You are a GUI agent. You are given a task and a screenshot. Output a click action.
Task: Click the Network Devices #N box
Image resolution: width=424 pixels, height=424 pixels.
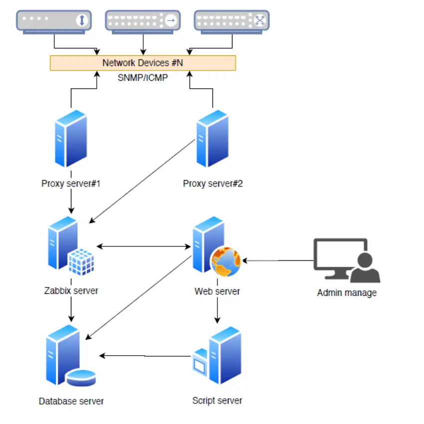pyautogui.click(x=143, y=63)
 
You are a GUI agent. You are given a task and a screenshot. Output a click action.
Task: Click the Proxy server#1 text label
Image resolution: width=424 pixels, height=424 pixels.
pyautogui.click(x=71, y=184)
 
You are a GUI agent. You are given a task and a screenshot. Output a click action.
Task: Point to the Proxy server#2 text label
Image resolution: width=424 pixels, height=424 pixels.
pyautogui.click(x=213, y=184)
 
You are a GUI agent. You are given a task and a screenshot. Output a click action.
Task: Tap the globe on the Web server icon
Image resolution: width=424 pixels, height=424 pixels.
pyautogui.click(x=225, y=261)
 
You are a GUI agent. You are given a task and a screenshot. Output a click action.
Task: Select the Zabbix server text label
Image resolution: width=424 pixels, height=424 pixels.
pyautogui.click(x=71, y=290)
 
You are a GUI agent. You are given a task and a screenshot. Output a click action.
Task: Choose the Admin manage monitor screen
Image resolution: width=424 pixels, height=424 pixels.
pyautogui.click(x=340, y=255)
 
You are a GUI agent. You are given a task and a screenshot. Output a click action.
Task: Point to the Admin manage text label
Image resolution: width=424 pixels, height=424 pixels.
pyautogui.click(x=347, y=293)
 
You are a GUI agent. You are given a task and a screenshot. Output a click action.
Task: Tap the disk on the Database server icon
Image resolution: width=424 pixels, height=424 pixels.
pyautogui.click(x=81, y=378)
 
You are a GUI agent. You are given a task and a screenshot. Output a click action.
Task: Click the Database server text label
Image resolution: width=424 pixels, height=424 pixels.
pyautogui.click(x=71, y=401)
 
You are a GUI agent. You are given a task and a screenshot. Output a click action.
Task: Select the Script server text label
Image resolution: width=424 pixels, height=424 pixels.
pyautogui.click(x=217, y=400)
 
